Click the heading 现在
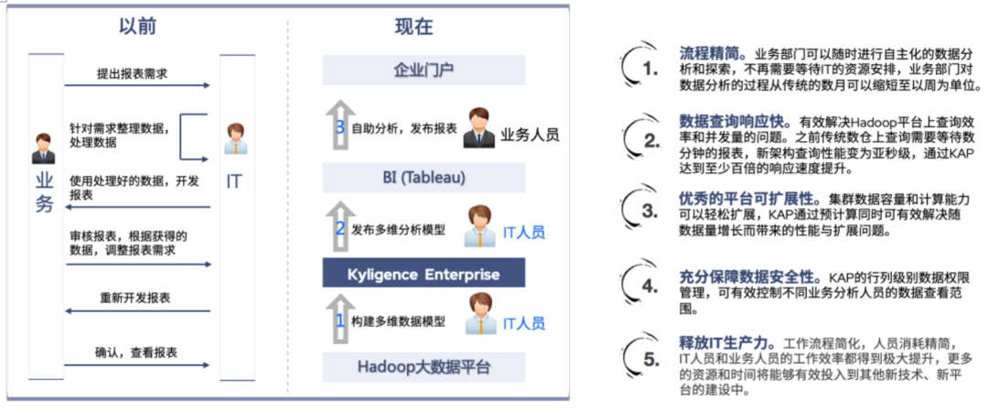pyautogui.click(x=414, y=27)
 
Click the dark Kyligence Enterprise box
pyautogui.click(x=424, y=274)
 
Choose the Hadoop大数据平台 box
pyautogui.click(x=424, y=367)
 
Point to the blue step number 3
pyautogui.click(x=340, y=127)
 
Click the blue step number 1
pyautogui.click(x=339, y=321)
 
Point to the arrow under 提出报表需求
pyautogui.click(x=137, y=85)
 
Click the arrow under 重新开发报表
pyautogui.click(x=137, y=311)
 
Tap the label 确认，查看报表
pyautogui.click(x=136, y=353)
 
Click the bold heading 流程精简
pyautogui.click(x=712, y=52)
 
